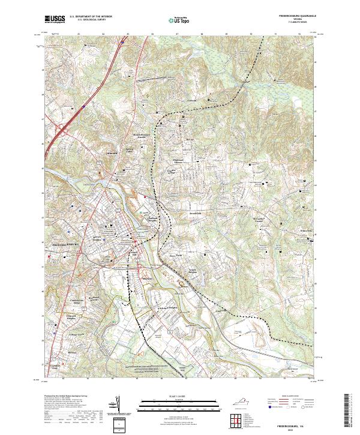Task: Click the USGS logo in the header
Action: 55,19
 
